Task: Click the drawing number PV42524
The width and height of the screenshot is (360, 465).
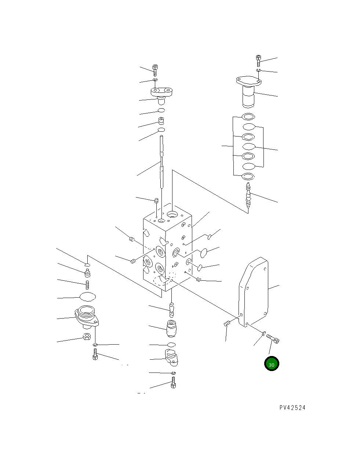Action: coord(292,408)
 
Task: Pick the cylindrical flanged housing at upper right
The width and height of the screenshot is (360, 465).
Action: coord(248,92)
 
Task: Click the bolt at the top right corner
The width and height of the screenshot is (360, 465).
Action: coord(258,61)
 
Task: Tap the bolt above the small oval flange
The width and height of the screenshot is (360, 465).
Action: coord(156,70)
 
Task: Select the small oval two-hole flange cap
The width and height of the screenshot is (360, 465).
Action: coord(162,92)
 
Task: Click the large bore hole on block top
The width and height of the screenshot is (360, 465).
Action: coord(172,214)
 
